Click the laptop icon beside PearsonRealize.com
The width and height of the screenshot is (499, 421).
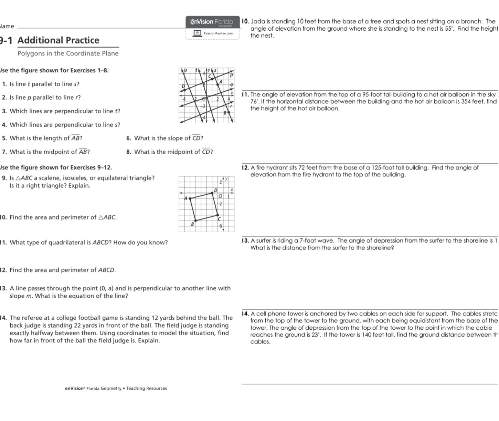(197, 33)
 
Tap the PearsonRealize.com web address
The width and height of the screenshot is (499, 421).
(218, 33)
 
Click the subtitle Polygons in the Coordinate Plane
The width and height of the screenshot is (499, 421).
(68, 53)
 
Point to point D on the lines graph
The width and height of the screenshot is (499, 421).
(184, 90)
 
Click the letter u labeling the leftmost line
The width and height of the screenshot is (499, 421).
(185, 70)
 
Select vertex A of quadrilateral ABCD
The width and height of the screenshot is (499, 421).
(189, 198)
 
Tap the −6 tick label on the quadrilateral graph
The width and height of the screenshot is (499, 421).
(221, 226)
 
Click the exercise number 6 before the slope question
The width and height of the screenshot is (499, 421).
(128, 138)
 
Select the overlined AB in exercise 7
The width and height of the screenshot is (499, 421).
(83, 152)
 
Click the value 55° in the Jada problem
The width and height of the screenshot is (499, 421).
(448, 29)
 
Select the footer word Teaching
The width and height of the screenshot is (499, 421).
(135, 388)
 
